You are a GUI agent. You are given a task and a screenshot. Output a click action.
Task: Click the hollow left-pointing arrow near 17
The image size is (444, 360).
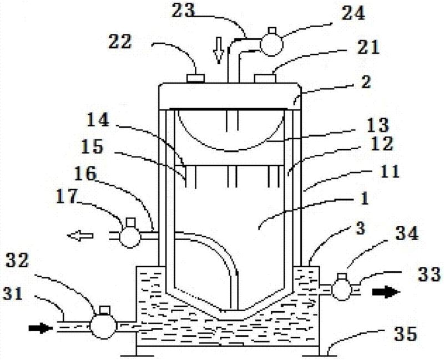tap(78, 236)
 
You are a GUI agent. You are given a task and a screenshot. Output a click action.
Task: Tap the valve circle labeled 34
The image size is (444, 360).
tap(341, 289)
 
